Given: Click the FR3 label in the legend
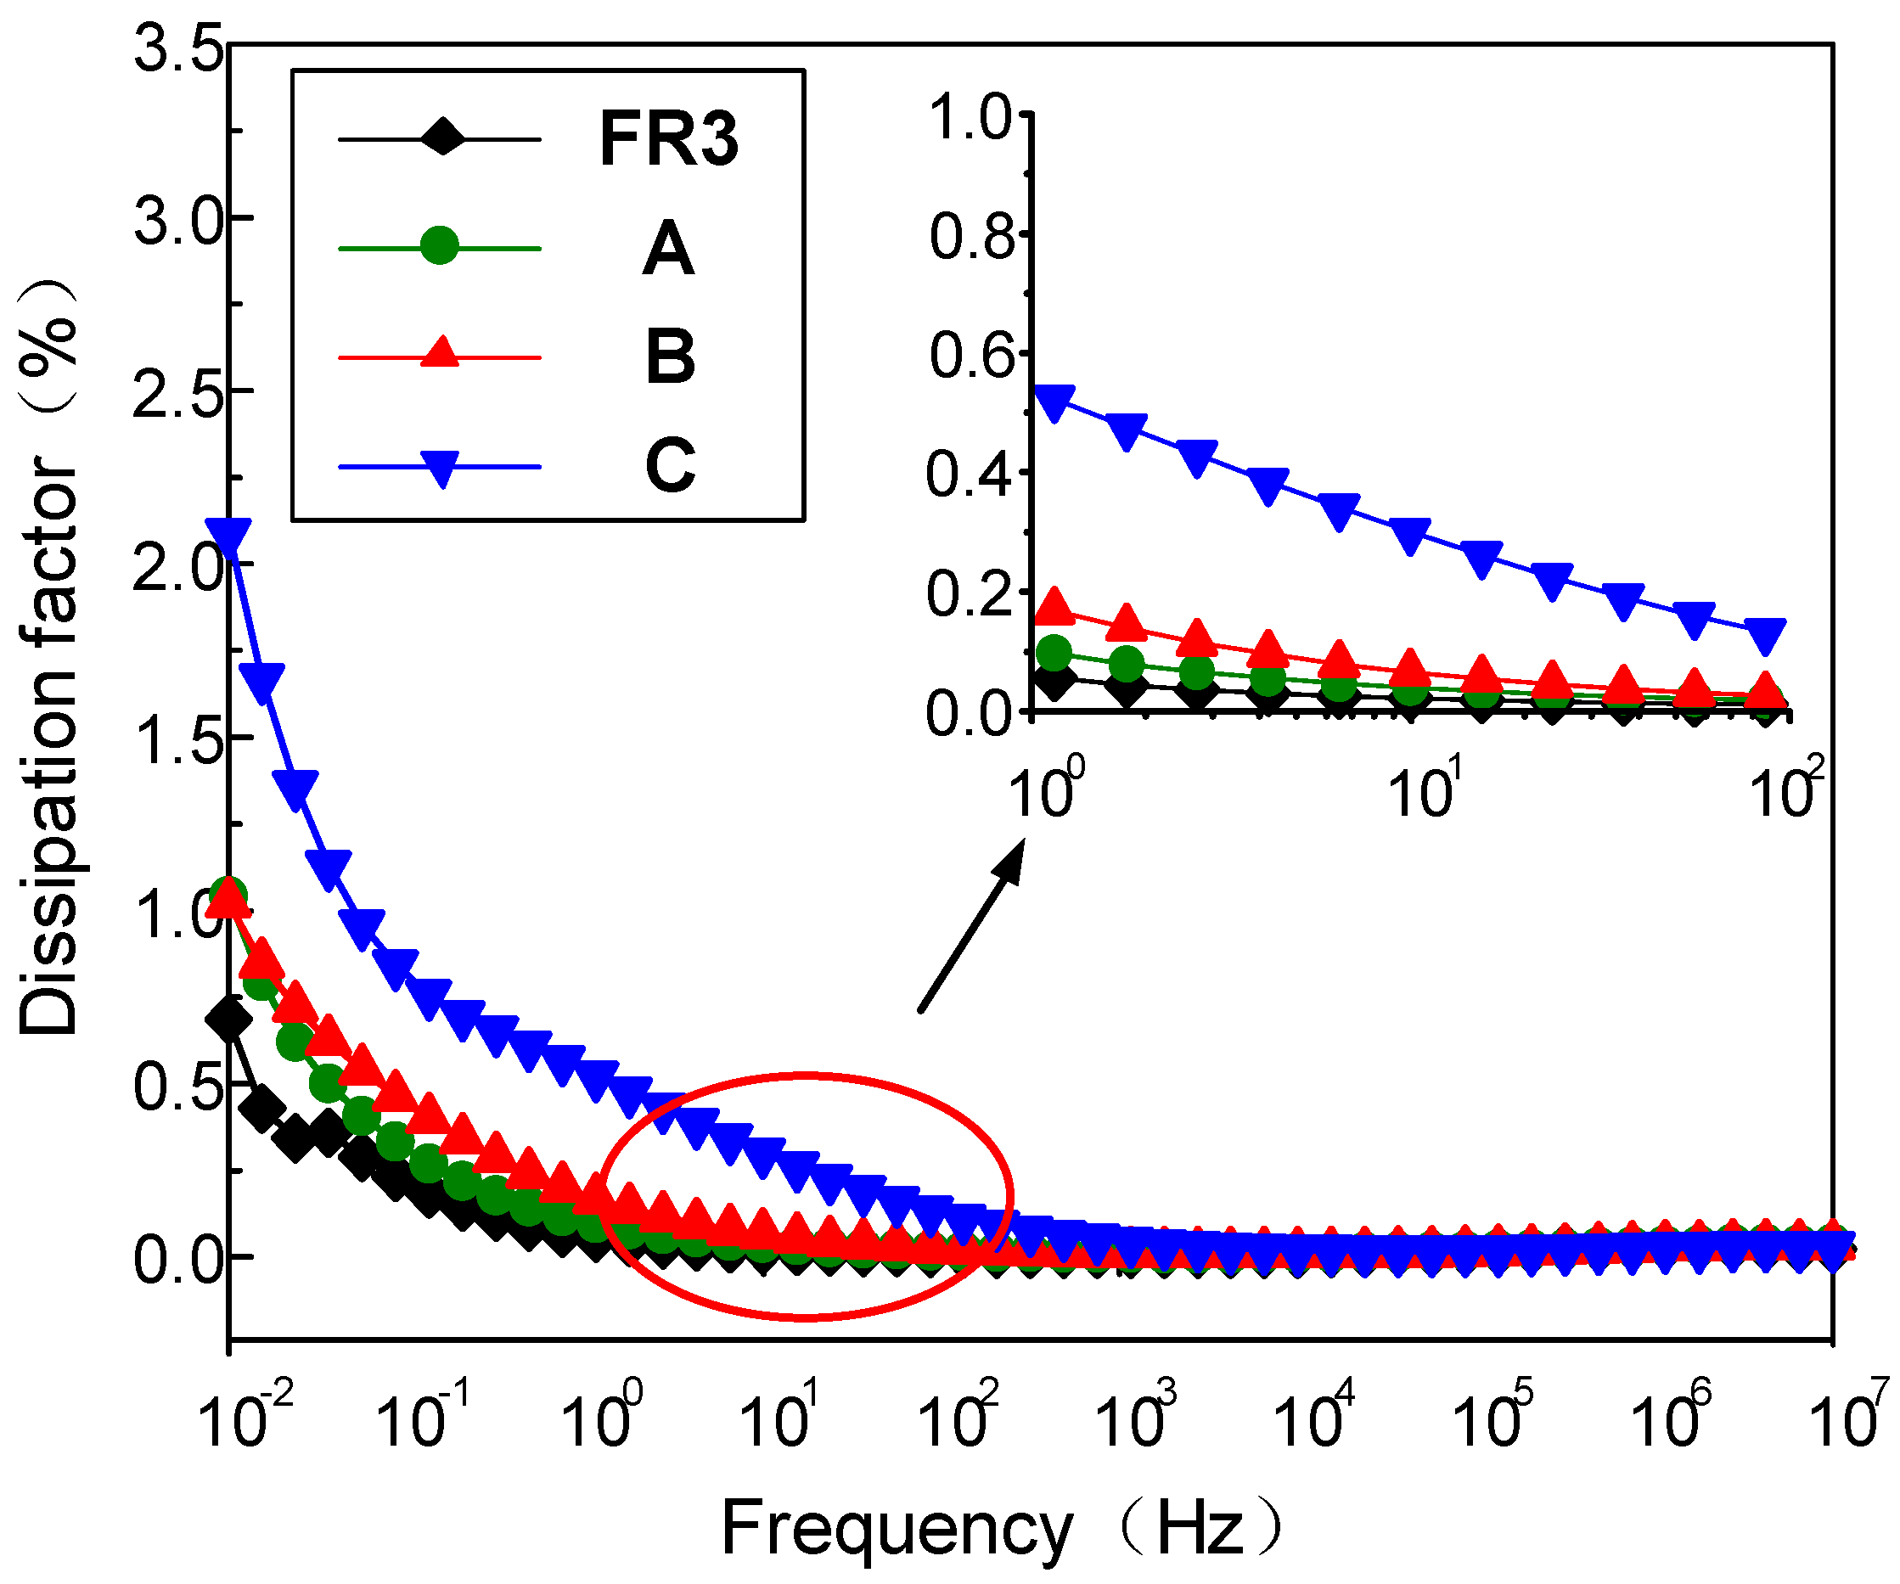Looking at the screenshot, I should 669,139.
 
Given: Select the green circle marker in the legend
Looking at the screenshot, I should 440,245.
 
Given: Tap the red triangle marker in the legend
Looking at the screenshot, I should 440,353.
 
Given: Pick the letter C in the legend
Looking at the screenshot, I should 671,465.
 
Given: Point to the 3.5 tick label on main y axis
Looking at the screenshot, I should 178,47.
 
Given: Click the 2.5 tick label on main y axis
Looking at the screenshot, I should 178,395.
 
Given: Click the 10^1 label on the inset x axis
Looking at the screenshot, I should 1423,790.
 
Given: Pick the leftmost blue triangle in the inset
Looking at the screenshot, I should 1054,402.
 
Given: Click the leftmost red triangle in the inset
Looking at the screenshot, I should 1054,606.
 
